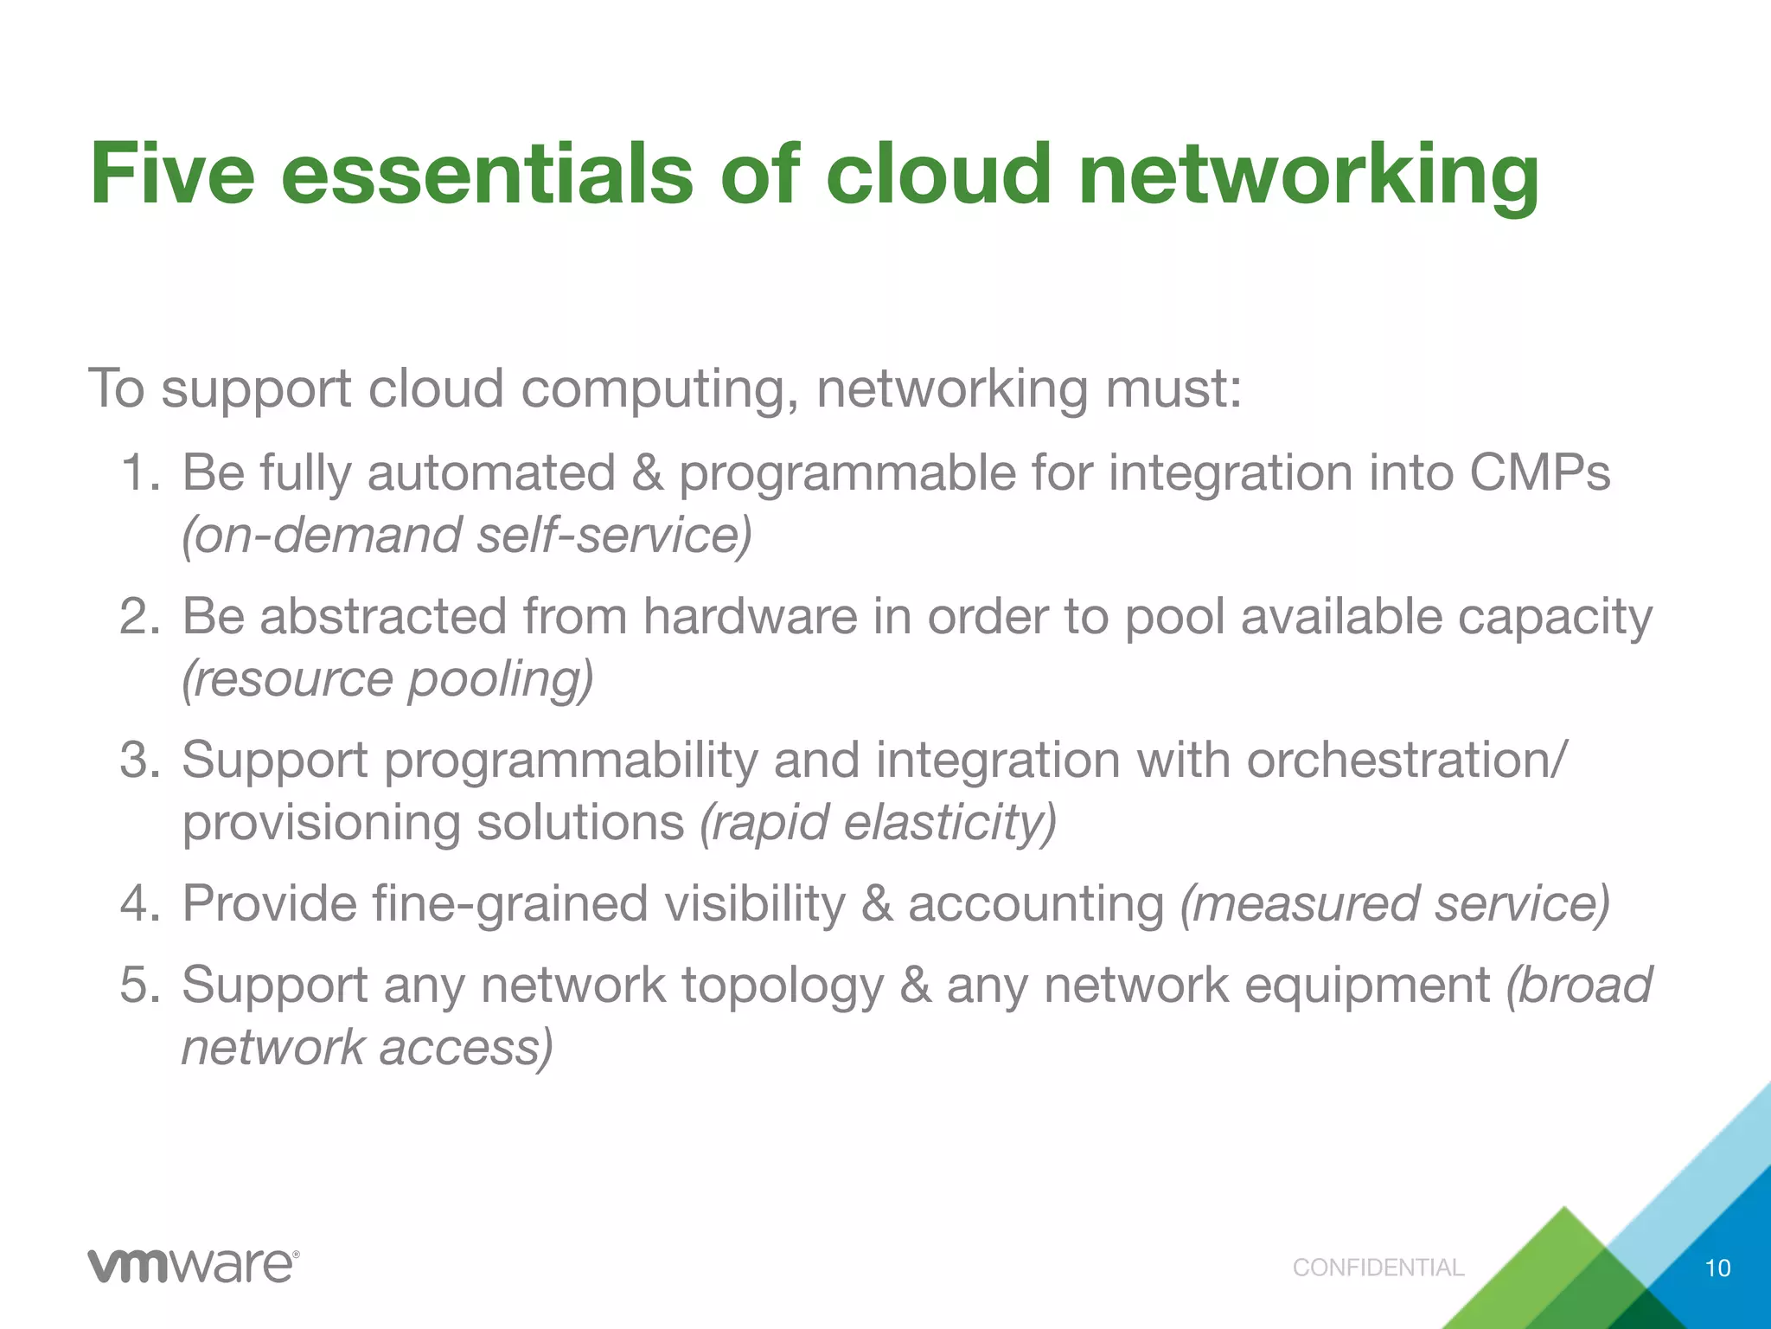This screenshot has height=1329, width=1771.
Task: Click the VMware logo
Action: pyautogui.click(x=193, y=1267)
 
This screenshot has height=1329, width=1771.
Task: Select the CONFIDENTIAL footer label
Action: pyautogui.click(x=1378, y=1268)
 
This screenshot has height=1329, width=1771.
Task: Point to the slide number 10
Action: pyautogui.click(x=1717, y=1268)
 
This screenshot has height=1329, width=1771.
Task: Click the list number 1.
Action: pyautogui.click(x=138, y=473)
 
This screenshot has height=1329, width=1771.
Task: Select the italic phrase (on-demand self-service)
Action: pyautogui.click(x=467, y=536)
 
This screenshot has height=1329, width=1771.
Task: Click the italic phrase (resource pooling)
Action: pyautogui.click(x=387, y=679)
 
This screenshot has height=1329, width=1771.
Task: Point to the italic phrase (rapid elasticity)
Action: pyautogui.click(x=878, y=822)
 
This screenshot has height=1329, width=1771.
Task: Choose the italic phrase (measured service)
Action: pyautogui.click(x=1394, y=904)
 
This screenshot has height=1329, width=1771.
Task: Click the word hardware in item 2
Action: pyautogui.click(x=750, y=617)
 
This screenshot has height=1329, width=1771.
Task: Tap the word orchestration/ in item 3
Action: pyautogui.click(x=1406, y=761)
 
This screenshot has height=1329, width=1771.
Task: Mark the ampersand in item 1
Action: pyautogui.click(x=648, y=473)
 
